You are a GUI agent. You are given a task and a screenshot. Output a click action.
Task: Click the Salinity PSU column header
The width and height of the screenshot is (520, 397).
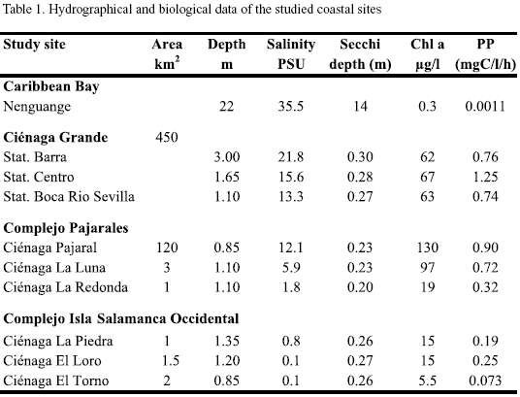[291, 53]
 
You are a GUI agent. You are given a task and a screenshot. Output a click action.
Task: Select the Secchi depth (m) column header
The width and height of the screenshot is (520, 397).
[360, 53]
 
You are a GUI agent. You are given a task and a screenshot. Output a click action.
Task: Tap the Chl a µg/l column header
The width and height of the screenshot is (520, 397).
[427, 53]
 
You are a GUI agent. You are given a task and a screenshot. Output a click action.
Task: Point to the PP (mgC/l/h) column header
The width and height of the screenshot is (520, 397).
[485, 53]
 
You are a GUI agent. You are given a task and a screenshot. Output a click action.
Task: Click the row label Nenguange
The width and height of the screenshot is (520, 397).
[37, 107]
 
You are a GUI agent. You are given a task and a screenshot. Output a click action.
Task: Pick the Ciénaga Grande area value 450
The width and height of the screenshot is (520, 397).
[167, 137]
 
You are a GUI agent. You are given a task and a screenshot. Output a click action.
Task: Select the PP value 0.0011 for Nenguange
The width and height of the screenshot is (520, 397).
[485, 107]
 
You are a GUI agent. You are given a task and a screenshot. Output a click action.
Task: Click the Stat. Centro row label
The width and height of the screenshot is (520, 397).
[39, 177]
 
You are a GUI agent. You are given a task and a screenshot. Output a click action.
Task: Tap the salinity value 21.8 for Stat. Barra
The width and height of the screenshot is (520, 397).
[291, 157]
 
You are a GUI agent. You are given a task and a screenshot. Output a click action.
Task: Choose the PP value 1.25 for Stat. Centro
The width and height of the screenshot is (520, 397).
[485, 177]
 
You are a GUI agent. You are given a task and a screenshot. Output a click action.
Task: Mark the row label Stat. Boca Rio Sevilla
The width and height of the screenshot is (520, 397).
[69, 197]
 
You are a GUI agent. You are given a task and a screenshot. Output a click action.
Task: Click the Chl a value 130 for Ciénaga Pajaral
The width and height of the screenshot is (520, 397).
[427, 248]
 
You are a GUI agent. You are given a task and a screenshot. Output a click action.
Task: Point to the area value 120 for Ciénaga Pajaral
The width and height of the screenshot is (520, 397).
[167, 248]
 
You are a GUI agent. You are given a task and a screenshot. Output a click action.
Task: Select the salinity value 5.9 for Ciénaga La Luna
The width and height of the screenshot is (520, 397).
[291, 268]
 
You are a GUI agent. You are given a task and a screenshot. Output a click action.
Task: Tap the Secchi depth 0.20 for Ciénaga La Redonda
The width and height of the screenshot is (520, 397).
[360, 287]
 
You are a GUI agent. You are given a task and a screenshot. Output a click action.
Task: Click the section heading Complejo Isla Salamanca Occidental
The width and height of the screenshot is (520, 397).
[121, 318]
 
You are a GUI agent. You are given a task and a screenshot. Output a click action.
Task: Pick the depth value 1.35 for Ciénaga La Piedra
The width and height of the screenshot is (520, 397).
[226, 341]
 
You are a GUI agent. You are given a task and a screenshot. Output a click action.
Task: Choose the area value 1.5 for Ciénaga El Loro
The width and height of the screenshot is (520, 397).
[171, 361]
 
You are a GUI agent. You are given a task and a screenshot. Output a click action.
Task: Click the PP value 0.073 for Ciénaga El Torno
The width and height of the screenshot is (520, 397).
[485, 380]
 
